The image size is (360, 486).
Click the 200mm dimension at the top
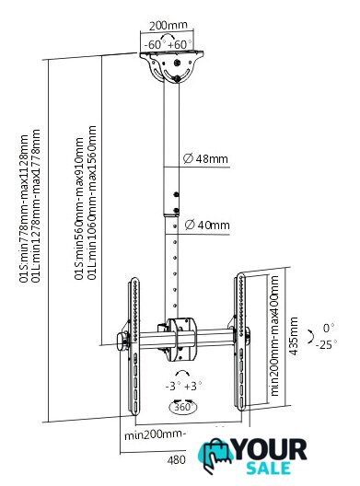coord(168,25)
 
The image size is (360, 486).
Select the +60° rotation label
coord(180,44)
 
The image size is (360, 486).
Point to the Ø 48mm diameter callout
coord(205,158)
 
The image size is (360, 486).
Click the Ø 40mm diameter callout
coord(207,225)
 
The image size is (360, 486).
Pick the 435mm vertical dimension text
coord(293,336)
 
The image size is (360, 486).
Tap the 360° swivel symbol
coord(183,406)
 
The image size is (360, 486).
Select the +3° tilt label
coord(192,387)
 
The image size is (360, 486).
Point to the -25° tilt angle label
coord(326,344)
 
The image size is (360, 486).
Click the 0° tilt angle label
coord(329,328)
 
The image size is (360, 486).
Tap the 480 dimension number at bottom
coord(176,460)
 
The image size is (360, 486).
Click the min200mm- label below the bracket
coord(155,435)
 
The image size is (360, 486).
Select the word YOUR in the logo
coord(271,449)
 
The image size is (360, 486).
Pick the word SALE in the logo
coord(269,469)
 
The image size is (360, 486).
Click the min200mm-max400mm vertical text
coord(274,336)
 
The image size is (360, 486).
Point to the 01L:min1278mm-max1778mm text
coord(36,206)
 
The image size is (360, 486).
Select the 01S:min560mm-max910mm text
coord(79,209)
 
